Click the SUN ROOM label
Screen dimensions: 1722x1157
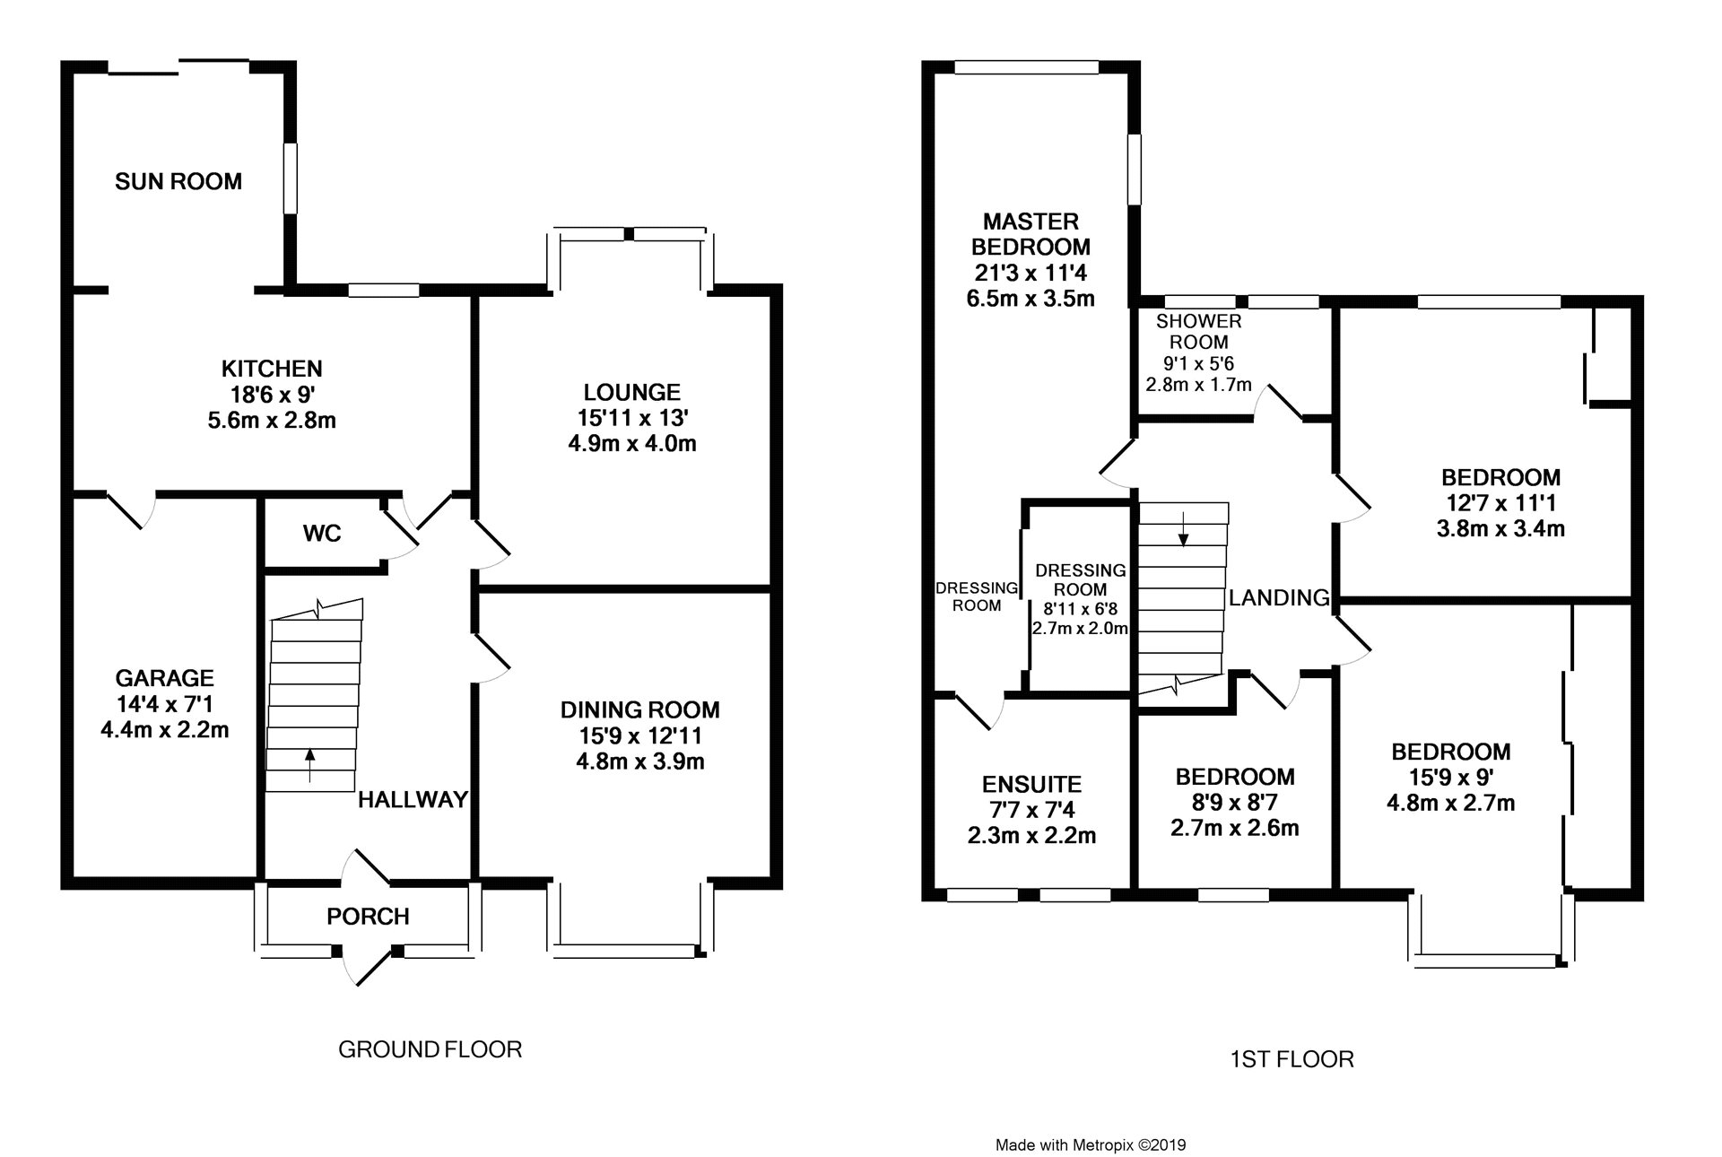(x=178, y=182)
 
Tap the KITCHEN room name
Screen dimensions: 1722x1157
(x=272, y=369)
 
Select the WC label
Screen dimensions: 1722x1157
(x=322, y=534)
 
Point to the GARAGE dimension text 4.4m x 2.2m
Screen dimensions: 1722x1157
(x=165, y=730)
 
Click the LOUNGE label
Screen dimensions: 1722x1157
(x=632, y=393)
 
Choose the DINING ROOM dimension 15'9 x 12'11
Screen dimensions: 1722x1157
(x=640, y=736)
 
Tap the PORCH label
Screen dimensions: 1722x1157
(x=368, y=917)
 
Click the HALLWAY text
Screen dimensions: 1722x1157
(x=413, y=800)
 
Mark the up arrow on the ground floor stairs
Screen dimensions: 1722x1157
(x=310, y=765)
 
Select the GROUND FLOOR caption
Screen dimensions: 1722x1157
(x=430, y=1049)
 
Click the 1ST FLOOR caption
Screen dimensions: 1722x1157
(x=1292, y=1060)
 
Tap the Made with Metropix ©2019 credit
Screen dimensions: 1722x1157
(x=1091, y=1120)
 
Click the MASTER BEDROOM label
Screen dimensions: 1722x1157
(x=1031, y=233)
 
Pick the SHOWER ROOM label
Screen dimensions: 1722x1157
(x=1199, y=331)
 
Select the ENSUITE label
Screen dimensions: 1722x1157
(x=1031, y=785)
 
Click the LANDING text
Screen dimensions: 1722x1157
(x=1279, y=597)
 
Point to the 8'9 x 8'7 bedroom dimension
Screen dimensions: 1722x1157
(x=1235, y=802)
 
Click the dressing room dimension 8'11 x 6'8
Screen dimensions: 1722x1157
(x=1080, y=609)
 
